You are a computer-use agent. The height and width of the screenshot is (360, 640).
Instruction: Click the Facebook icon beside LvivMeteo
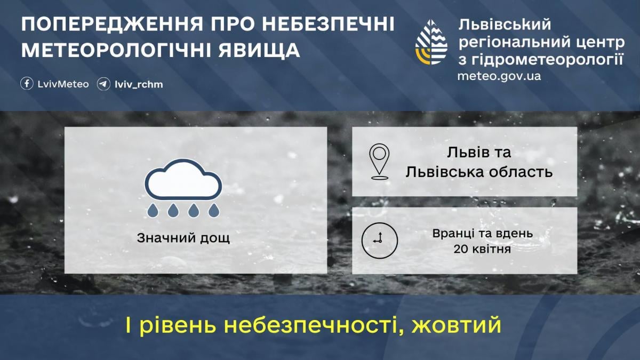click(x=27, y=84)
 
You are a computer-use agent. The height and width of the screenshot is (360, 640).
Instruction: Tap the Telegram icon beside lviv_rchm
click(x=103, y=84)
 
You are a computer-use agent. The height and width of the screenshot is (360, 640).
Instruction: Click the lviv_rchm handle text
click(x=139, y=84)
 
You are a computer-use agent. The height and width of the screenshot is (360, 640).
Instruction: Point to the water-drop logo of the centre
click(x=431, y=42)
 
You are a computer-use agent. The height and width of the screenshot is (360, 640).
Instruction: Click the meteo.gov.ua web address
click(x=499, y=76)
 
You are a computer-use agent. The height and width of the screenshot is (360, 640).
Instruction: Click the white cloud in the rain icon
click(x=183, y=180)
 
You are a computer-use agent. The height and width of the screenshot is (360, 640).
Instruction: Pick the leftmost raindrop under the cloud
click(x=153, y=211)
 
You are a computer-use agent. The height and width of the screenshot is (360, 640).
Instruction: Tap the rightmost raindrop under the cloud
click(x=214, y=211)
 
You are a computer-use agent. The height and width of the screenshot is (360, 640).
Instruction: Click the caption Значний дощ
click(x=183, y=237)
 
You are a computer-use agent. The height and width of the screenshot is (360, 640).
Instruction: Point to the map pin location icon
click(x=379, y=161)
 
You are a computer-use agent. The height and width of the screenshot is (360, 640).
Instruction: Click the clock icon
click(x=379, y=241)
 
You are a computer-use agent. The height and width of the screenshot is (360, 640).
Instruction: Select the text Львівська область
click(x=478, y=172)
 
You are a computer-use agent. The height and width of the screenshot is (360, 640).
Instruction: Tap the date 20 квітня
click(x=483, y=249)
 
